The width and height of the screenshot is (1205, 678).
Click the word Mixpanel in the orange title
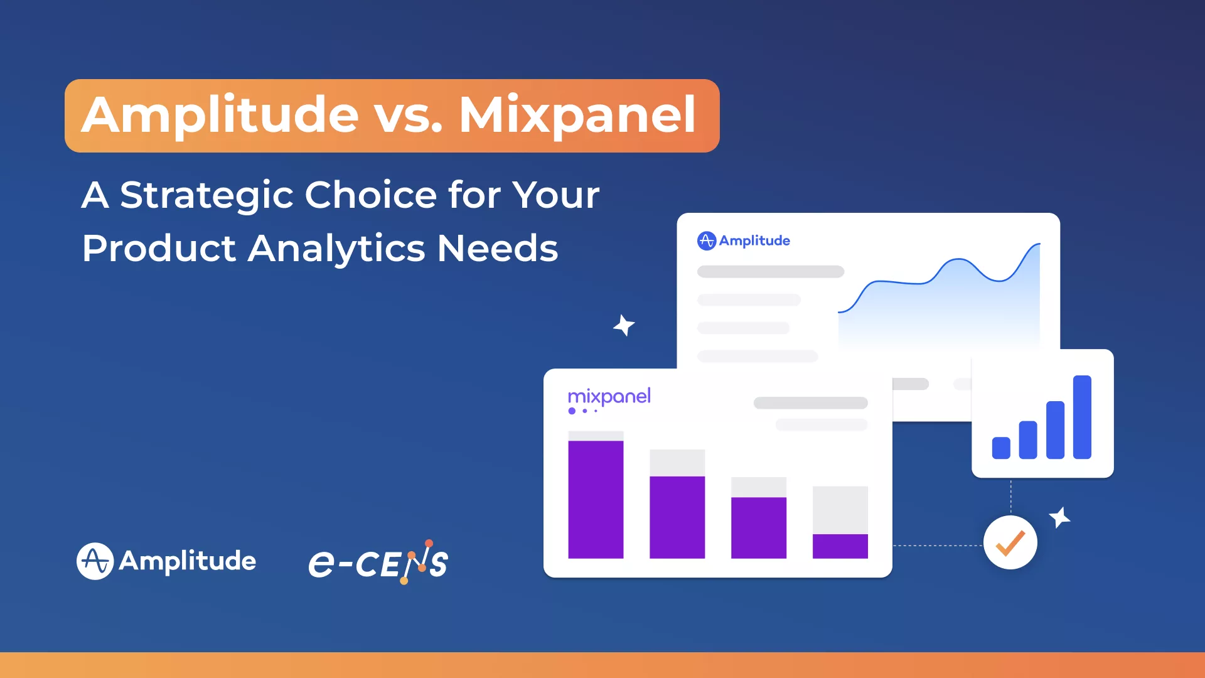(577, 116)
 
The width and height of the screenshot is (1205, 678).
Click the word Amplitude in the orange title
(220, 116)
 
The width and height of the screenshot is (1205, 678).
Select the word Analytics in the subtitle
(336, 248)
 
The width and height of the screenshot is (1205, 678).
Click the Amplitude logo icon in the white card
(707, 240)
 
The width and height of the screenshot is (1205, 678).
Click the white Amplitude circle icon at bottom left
(95, 561)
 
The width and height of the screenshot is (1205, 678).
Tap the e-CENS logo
(378, 562)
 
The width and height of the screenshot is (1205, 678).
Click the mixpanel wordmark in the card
(609, 397)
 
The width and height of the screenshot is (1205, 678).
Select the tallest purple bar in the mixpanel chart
(596, 499)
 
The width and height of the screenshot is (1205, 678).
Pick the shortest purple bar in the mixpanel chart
(840, 546)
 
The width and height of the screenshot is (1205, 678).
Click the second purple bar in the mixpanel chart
(677, 517)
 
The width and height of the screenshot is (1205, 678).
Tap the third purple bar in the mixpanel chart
(758, 527)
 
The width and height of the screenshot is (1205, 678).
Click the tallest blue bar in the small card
(1082, 417)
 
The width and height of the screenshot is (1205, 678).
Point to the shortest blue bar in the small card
(1001, 448)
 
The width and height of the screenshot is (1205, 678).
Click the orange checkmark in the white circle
(1010, 543)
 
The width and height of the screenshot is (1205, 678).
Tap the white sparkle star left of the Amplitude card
(624, 325)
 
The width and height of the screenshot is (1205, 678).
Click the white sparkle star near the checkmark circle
(1059, 517)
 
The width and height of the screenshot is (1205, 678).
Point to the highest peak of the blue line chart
(1039, 244)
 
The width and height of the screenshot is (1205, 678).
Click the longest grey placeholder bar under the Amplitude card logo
(771, 272)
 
